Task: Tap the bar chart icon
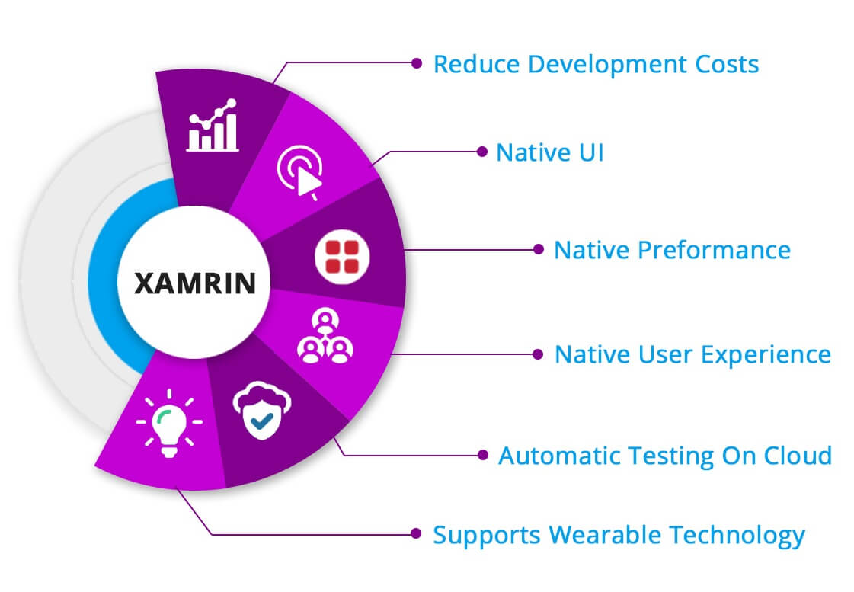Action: pyautogui.click(x=213, y=127)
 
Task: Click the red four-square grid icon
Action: pyautogui.click(x=337, y=255)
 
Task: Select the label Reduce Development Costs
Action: pyautogui.click(x=596, y=64)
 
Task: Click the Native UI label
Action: pyautogui.click(x=549, y=152)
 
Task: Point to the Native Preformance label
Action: pyautogui.click(x=672, y=249)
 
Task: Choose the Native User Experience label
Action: pyautogui.click(x=692, y=354)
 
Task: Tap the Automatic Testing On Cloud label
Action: pyautogui.click(x=664, y=456)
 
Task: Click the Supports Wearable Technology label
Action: pyautogui.click(x=619, y=535)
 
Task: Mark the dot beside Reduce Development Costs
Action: pyautogui.click(x=416, y=63)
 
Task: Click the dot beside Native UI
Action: pyautogui.click(x=481, y=152)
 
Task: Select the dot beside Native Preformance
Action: pyautogui.click(x=538, y=249)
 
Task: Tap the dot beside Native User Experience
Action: pyautogui.click(x=538, y=354)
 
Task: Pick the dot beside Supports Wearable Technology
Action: pyautogui.click(x=416, y=534)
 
